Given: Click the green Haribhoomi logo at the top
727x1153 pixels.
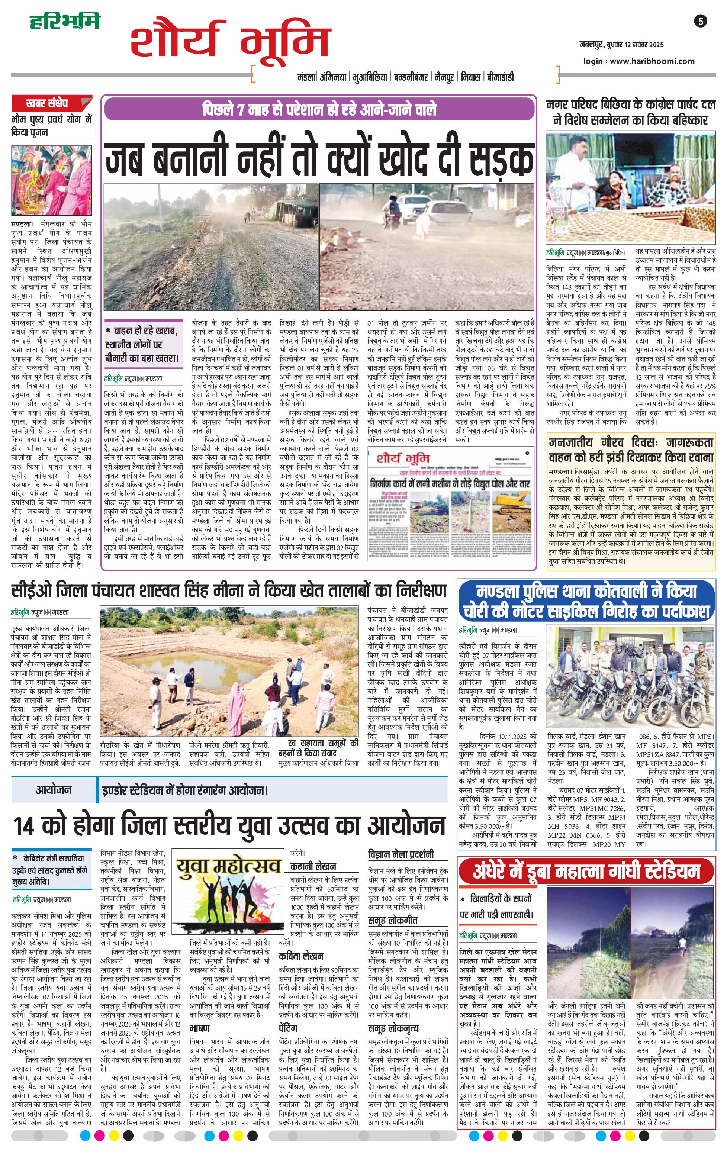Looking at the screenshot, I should (65, 22).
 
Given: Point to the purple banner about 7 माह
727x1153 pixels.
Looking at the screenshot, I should (319, 109).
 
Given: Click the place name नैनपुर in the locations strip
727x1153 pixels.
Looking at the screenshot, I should (444, 77).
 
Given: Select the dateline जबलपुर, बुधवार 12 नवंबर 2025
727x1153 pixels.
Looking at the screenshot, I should (621, 45).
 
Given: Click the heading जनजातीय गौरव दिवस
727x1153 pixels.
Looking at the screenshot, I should (631, 450).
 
